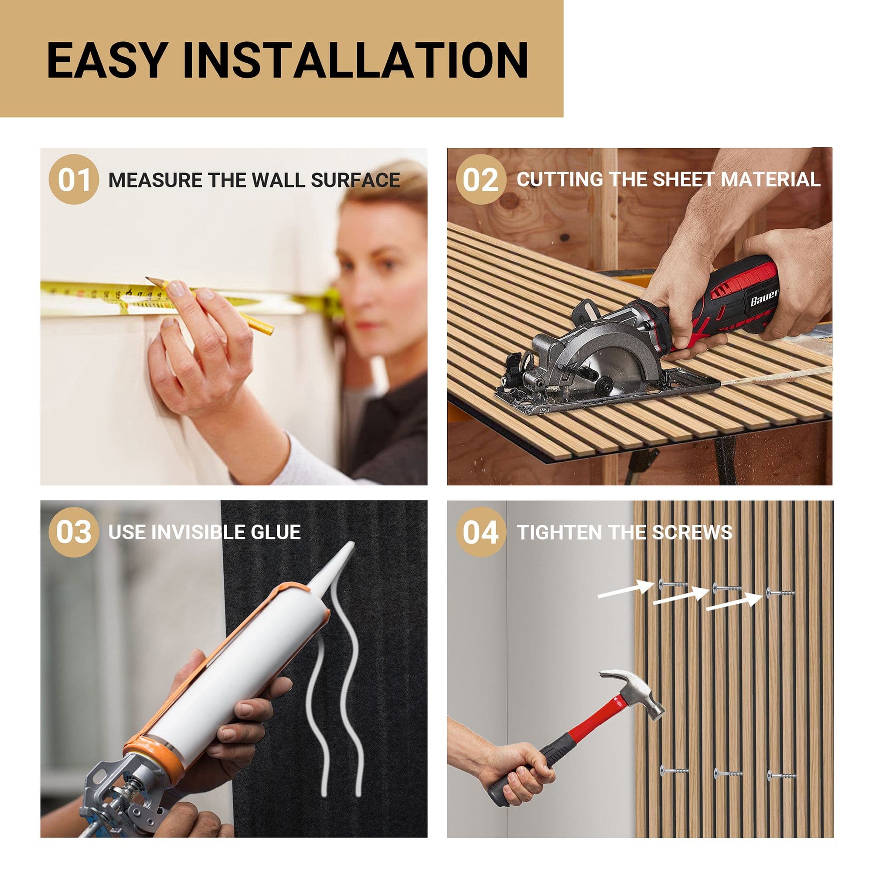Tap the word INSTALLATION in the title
[x=355, y=60]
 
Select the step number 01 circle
[x=74, y=179]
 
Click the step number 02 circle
[x=480, y=179]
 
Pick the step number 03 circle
[x=74, y=531]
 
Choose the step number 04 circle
[x=480, y=531]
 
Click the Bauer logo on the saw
[x=764, y=298]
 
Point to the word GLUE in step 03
[x=276, y=532]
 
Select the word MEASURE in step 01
[x=155, y=180]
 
